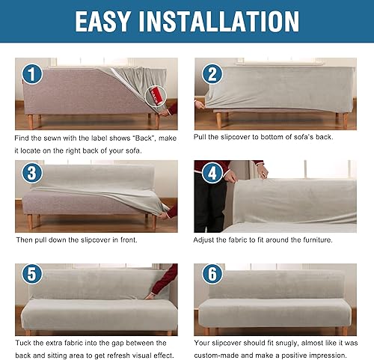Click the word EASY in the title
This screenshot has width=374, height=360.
click(x=111, y=22)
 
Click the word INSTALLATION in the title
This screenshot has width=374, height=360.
click(x=224, y=22)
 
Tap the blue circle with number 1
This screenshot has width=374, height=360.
click(x=31, y=74)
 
